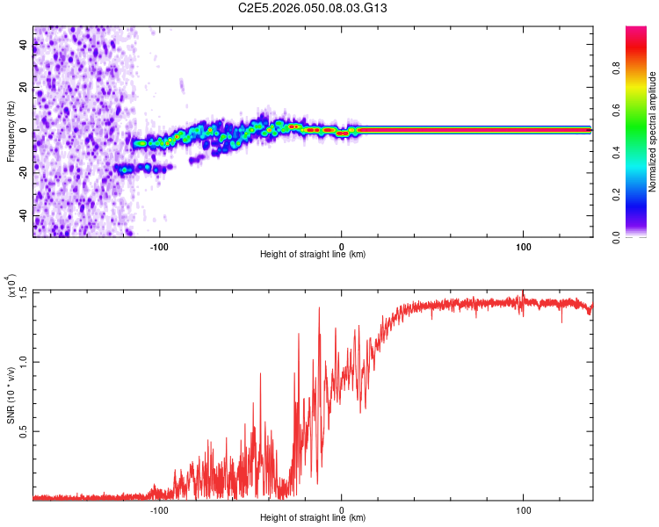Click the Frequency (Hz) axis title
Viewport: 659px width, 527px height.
click(11, 131)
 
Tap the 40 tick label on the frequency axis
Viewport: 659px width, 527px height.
click(24, 46)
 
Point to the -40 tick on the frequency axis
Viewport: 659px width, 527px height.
click(24, 215)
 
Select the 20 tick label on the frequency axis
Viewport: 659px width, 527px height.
click(24, 88)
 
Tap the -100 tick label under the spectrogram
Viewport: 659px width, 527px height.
click(159, 247)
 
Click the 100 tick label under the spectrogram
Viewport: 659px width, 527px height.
click(524, 247)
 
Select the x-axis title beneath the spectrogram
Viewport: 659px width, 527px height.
click(313, 255)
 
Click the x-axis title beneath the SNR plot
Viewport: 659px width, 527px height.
click(313, 518)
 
